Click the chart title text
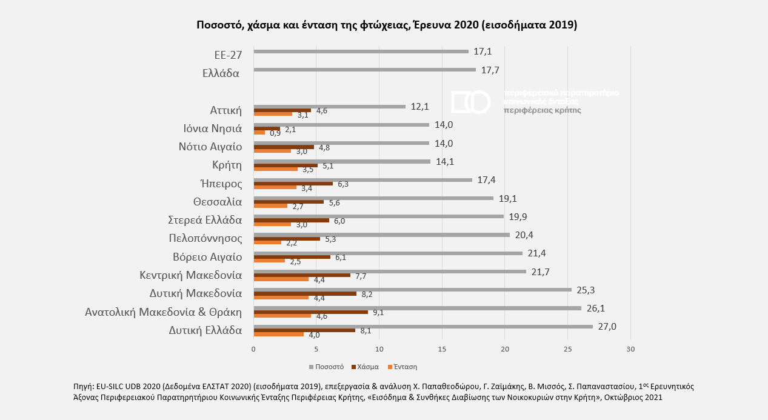tap(387, 25)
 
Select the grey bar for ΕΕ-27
tap(361, 52)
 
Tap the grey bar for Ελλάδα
tap(364, 70)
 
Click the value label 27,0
tap(607, 327)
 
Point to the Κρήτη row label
tap(227, 165)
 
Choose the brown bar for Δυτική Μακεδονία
tap(305, 293)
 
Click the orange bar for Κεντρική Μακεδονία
tap(281, 279)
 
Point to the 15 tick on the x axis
tap(442, 348)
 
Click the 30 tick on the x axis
tap(630, 348)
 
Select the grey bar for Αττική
tap(329, 107)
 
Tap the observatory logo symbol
tap(470, 102)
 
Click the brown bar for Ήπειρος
tap(293, 184)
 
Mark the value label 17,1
tap(482, 52)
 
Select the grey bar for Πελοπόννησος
tap(381, 235)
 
